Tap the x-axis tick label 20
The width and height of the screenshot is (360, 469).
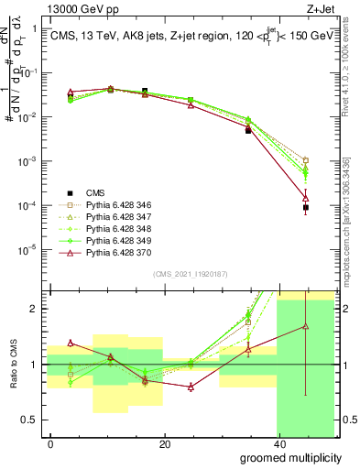[x=164, y=443]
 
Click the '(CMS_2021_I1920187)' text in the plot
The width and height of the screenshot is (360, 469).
[x=190, y=274]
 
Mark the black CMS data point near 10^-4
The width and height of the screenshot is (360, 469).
[x=305, y=208]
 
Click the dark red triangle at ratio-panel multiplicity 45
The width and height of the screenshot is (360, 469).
[x=305, y=326]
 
